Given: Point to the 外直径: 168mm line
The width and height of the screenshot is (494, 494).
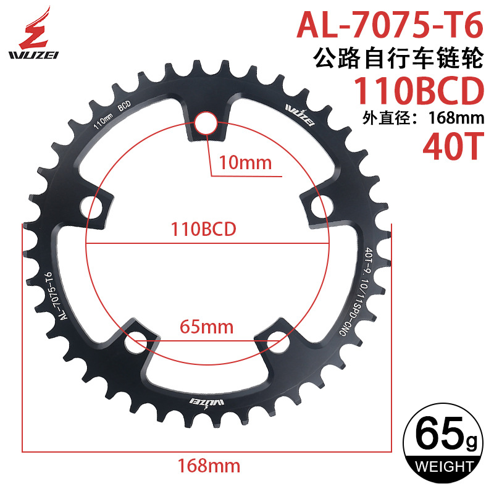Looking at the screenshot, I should pos(417,119).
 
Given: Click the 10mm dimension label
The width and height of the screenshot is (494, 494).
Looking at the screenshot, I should pos(241,163).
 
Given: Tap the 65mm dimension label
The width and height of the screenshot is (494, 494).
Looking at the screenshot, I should pos(206,325).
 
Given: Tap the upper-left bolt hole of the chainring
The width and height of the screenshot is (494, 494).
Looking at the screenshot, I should pos(97,207).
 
